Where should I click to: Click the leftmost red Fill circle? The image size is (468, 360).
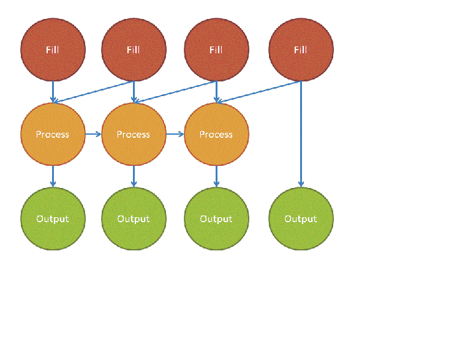pos(53,50)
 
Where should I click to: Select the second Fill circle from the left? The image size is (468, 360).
pos(134,50)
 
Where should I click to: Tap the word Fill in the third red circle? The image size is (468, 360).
pos(216,50)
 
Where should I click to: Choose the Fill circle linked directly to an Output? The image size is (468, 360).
pos(301,50)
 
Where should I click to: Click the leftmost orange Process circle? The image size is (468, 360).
pos(53,134)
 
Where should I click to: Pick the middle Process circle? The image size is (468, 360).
pos(134,134)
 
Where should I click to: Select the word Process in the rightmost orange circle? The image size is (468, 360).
pos(216,134)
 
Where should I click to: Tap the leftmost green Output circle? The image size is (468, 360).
pos(53,219)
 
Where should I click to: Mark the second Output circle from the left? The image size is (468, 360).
pos(134,219)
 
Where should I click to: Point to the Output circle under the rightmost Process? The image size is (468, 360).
pos(216,219)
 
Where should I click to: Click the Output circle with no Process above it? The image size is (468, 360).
pos(301,219)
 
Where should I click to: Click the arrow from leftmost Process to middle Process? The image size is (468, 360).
pos(93,133)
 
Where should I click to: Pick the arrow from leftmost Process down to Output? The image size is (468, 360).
pos(53,176)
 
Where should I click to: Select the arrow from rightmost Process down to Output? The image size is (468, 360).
pos(216,176)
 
